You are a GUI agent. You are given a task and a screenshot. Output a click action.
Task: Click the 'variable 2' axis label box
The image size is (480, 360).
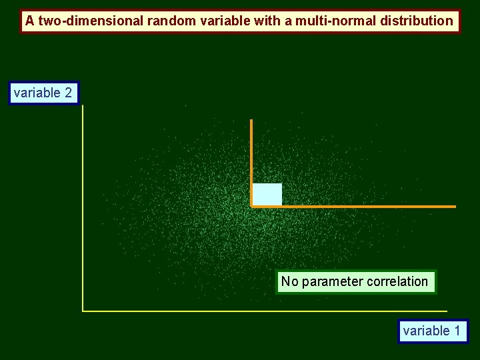pyautogui.click(x=44, y=93)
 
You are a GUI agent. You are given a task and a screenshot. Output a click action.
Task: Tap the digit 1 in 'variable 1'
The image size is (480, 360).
pyautogui.click(x=457, y=331)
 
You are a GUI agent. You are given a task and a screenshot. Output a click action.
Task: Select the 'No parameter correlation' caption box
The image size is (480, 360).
pyautogui.click(x=355, y=281)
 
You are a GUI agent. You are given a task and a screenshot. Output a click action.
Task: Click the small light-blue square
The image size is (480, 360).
pyautogui.click(x=267, y=194)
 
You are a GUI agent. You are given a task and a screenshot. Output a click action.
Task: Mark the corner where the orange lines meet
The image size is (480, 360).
pyautogui.click(x=251, y=207)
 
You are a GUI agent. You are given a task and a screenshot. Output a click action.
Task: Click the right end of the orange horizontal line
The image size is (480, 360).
pyautogui.click(x=455, y=207)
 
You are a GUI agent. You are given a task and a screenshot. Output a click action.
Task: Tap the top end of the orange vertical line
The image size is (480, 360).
pyautogui.click(x=251, y=121)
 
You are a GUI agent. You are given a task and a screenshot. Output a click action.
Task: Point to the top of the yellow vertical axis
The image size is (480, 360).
pyautogui.click(x=83, y=106)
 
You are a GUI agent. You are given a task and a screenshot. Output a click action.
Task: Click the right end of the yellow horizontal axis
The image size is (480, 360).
pyautogui.click(x=446, y=311)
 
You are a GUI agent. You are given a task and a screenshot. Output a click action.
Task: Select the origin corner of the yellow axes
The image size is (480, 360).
pyautogui.click(x=83, y=311)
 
